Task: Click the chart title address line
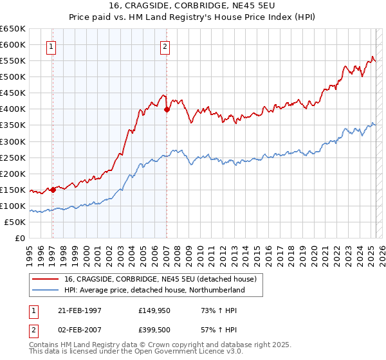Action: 193,6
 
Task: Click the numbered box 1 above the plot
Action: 51,46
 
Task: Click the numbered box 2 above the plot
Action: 165,46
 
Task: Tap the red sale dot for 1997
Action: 53,189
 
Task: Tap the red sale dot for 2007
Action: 167,109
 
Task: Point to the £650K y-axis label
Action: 13,29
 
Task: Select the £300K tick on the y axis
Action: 13,141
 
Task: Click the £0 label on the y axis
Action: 20,238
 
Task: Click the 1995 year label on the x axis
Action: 30,253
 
